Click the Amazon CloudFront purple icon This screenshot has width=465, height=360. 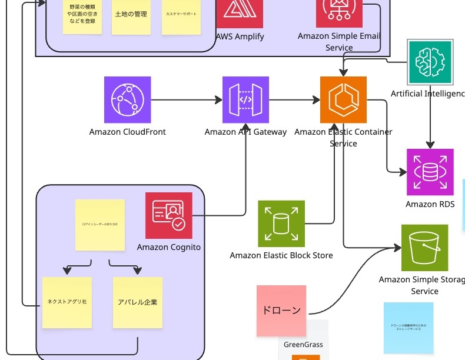tap(127, 100)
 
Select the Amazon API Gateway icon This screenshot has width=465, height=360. tap(245, 100)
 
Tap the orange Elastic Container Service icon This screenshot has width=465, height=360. tap(343, 99)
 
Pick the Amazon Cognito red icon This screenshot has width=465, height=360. tap(168, 215)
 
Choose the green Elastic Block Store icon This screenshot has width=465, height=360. tap(281, 224)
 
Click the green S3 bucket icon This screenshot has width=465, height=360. tap(424, 248)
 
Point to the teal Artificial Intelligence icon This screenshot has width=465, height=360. tap(431, 61)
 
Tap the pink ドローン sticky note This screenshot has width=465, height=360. tap(281, 311)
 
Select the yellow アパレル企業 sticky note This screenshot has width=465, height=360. tap(137, 302)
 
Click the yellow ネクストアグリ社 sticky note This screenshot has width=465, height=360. tap(67, 302)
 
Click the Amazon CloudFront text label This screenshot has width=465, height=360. tap(128, 132)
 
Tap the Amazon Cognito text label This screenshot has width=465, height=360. tap(169, 247)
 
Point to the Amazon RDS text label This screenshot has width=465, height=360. tap(430, 204)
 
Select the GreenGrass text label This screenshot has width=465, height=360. tap(303, 345)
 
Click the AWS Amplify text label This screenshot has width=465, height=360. tap(240, 36)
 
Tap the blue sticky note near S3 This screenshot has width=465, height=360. tap(408, 327)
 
